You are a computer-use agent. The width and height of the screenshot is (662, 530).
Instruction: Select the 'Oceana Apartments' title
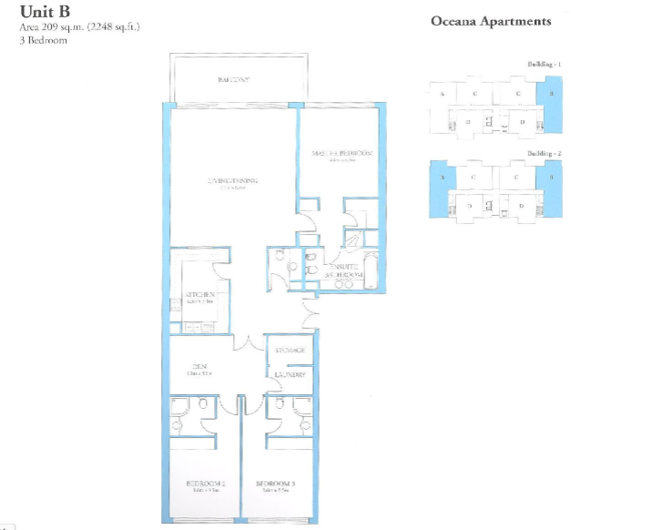490,21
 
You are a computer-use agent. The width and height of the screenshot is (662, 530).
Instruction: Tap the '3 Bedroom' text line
44,41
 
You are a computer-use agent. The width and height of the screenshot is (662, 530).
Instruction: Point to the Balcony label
234,81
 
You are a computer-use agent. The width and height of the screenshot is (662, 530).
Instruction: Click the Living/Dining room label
233,181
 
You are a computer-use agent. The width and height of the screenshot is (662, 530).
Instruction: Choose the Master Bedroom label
341,153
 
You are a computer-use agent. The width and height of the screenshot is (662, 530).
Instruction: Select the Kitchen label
199,295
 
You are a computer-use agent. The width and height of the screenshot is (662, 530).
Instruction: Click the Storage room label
290,351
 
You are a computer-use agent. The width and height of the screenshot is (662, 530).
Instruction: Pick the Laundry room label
290,374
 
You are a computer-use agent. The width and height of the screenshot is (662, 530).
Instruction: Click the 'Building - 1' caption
545,64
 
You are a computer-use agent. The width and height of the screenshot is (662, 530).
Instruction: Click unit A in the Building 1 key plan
443,94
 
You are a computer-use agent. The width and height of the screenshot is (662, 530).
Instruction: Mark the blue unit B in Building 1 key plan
550,95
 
